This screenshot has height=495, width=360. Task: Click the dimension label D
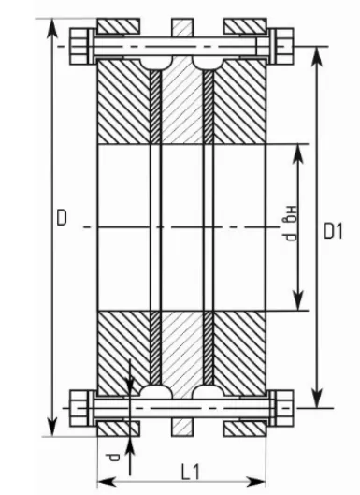[62, 217]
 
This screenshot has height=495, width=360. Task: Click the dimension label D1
[333, 231]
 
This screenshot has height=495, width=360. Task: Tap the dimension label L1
[191, 473]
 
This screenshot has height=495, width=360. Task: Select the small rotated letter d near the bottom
[112, 458]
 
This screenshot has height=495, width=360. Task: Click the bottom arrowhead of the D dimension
[52, 427]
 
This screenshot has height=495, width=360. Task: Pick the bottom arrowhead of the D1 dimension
[317, 398]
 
